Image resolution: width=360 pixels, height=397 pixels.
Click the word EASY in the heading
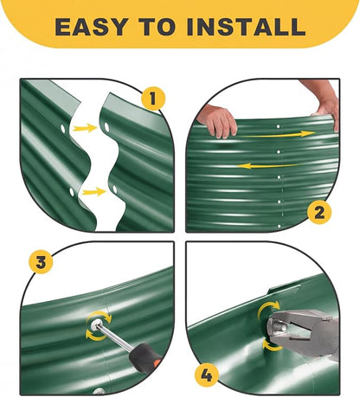[x=92, y=27]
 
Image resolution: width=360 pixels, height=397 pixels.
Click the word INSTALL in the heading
[x=246, y=27]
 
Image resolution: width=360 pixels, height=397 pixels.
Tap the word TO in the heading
[x=157, y=27]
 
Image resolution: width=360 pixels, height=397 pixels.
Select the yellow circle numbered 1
[x=153, y=99]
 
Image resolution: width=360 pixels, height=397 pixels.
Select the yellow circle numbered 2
[x=319, y=213]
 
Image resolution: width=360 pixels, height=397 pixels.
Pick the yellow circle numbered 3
[x=41, y=262]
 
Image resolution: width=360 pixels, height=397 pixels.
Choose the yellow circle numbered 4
[x=207, y=375]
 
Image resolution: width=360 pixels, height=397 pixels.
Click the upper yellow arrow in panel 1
[x=85, y=128]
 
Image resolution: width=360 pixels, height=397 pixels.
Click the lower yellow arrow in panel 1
[x=93, y=191]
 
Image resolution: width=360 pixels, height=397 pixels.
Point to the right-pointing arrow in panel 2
[x=278, y=134]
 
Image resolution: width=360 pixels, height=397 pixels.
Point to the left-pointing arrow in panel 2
[x=267, y=166]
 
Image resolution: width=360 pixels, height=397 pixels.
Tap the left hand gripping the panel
[x=217, y=121]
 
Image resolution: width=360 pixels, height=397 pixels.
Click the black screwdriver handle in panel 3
[x=144, y=358]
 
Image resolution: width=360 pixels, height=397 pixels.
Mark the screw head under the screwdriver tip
[x=96, y=324]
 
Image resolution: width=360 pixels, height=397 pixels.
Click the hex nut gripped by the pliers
[x=276, y=327]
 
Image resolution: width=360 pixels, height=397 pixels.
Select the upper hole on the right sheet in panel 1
[x=106, y=127]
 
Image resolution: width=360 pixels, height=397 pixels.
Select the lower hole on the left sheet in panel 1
[x=72, y=192]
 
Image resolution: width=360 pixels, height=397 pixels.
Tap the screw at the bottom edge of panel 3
[x=99, y=391]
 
